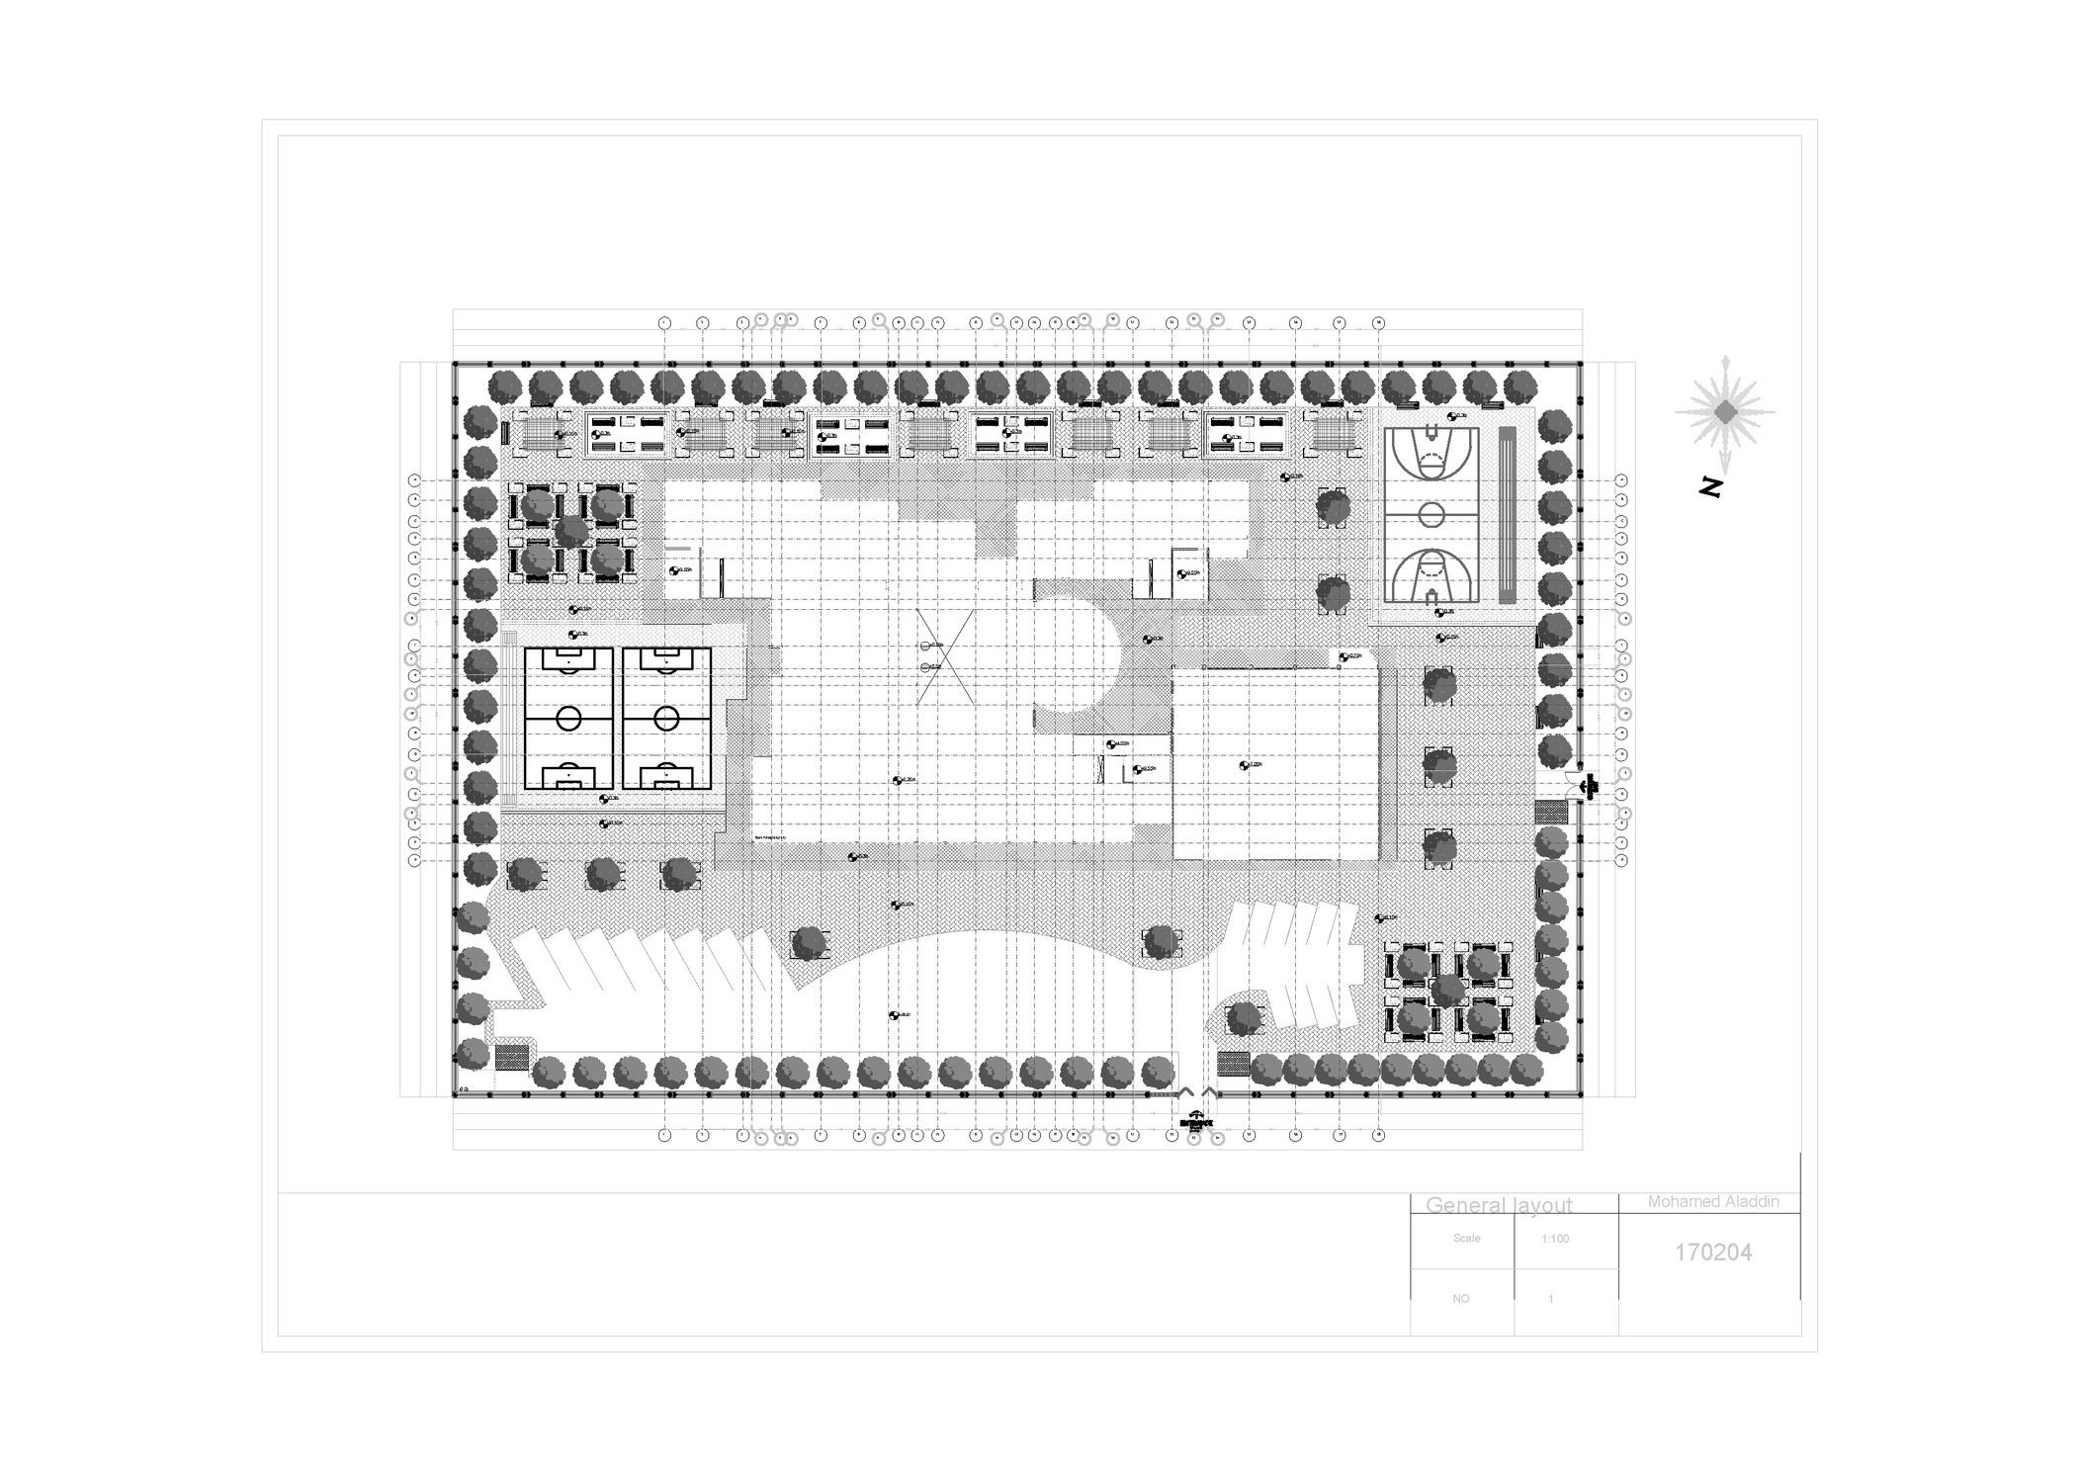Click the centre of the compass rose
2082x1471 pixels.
(x=1725, y=411)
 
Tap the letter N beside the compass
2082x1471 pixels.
(x=1711, y=486)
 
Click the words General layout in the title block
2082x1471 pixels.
(x=1499, y=1205)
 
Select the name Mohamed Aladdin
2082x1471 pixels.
(x=1713, y=1202)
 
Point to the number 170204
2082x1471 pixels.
(x=1713, y=1253)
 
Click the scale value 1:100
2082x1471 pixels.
(x=1555, y=1239)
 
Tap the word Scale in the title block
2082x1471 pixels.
(x=1467, y=1239)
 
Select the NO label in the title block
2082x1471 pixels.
(x=1461, y=1299)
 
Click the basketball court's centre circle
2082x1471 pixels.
(x=1431, y=514)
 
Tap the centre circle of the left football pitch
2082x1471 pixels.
(x=568, y=719)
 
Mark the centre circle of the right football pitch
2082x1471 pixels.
(x=667, y=719)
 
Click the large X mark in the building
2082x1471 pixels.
(x=946, y=656)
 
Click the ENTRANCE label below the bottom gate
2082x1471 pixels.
(x=1196, y=1123)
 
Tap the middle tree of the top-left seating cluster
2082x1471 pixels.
(x=570, y=533)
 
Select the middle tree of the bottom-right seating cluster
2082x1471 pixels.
(x=1447, y=990)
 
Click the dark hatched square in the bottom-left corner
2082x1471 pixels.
(x=511, y=1057)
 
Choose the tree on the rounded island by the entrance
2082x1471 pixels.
(x=1245, y=1018)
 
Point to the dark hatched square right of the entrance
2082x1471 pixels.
(x=1234, y=1064)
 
